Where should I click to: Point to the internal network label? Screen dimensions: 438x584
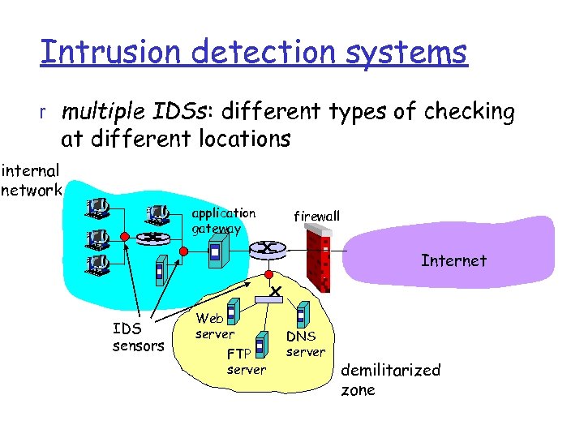(x=31, y=181)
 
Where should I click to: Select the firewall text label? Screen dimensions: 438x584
(x=316, y=217)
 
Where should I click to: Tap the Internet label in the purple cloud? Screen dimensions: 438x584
(x=453, y=260)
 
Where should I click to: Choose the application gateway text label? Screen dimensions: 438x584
(x=223, y=221)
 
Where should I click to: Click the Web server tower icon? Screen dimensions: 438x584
(x=232, y=311)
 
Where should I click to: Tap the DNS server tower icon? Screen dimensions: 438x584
(x=302, y=314)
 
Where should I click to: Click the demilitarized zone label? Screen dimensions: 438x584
(x=390, y=380)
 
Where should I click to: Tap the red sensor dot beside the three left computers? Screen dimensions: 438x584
(x=124, y=237)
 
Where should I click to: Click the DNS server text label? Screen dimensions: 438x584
(x=305, y=344)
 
